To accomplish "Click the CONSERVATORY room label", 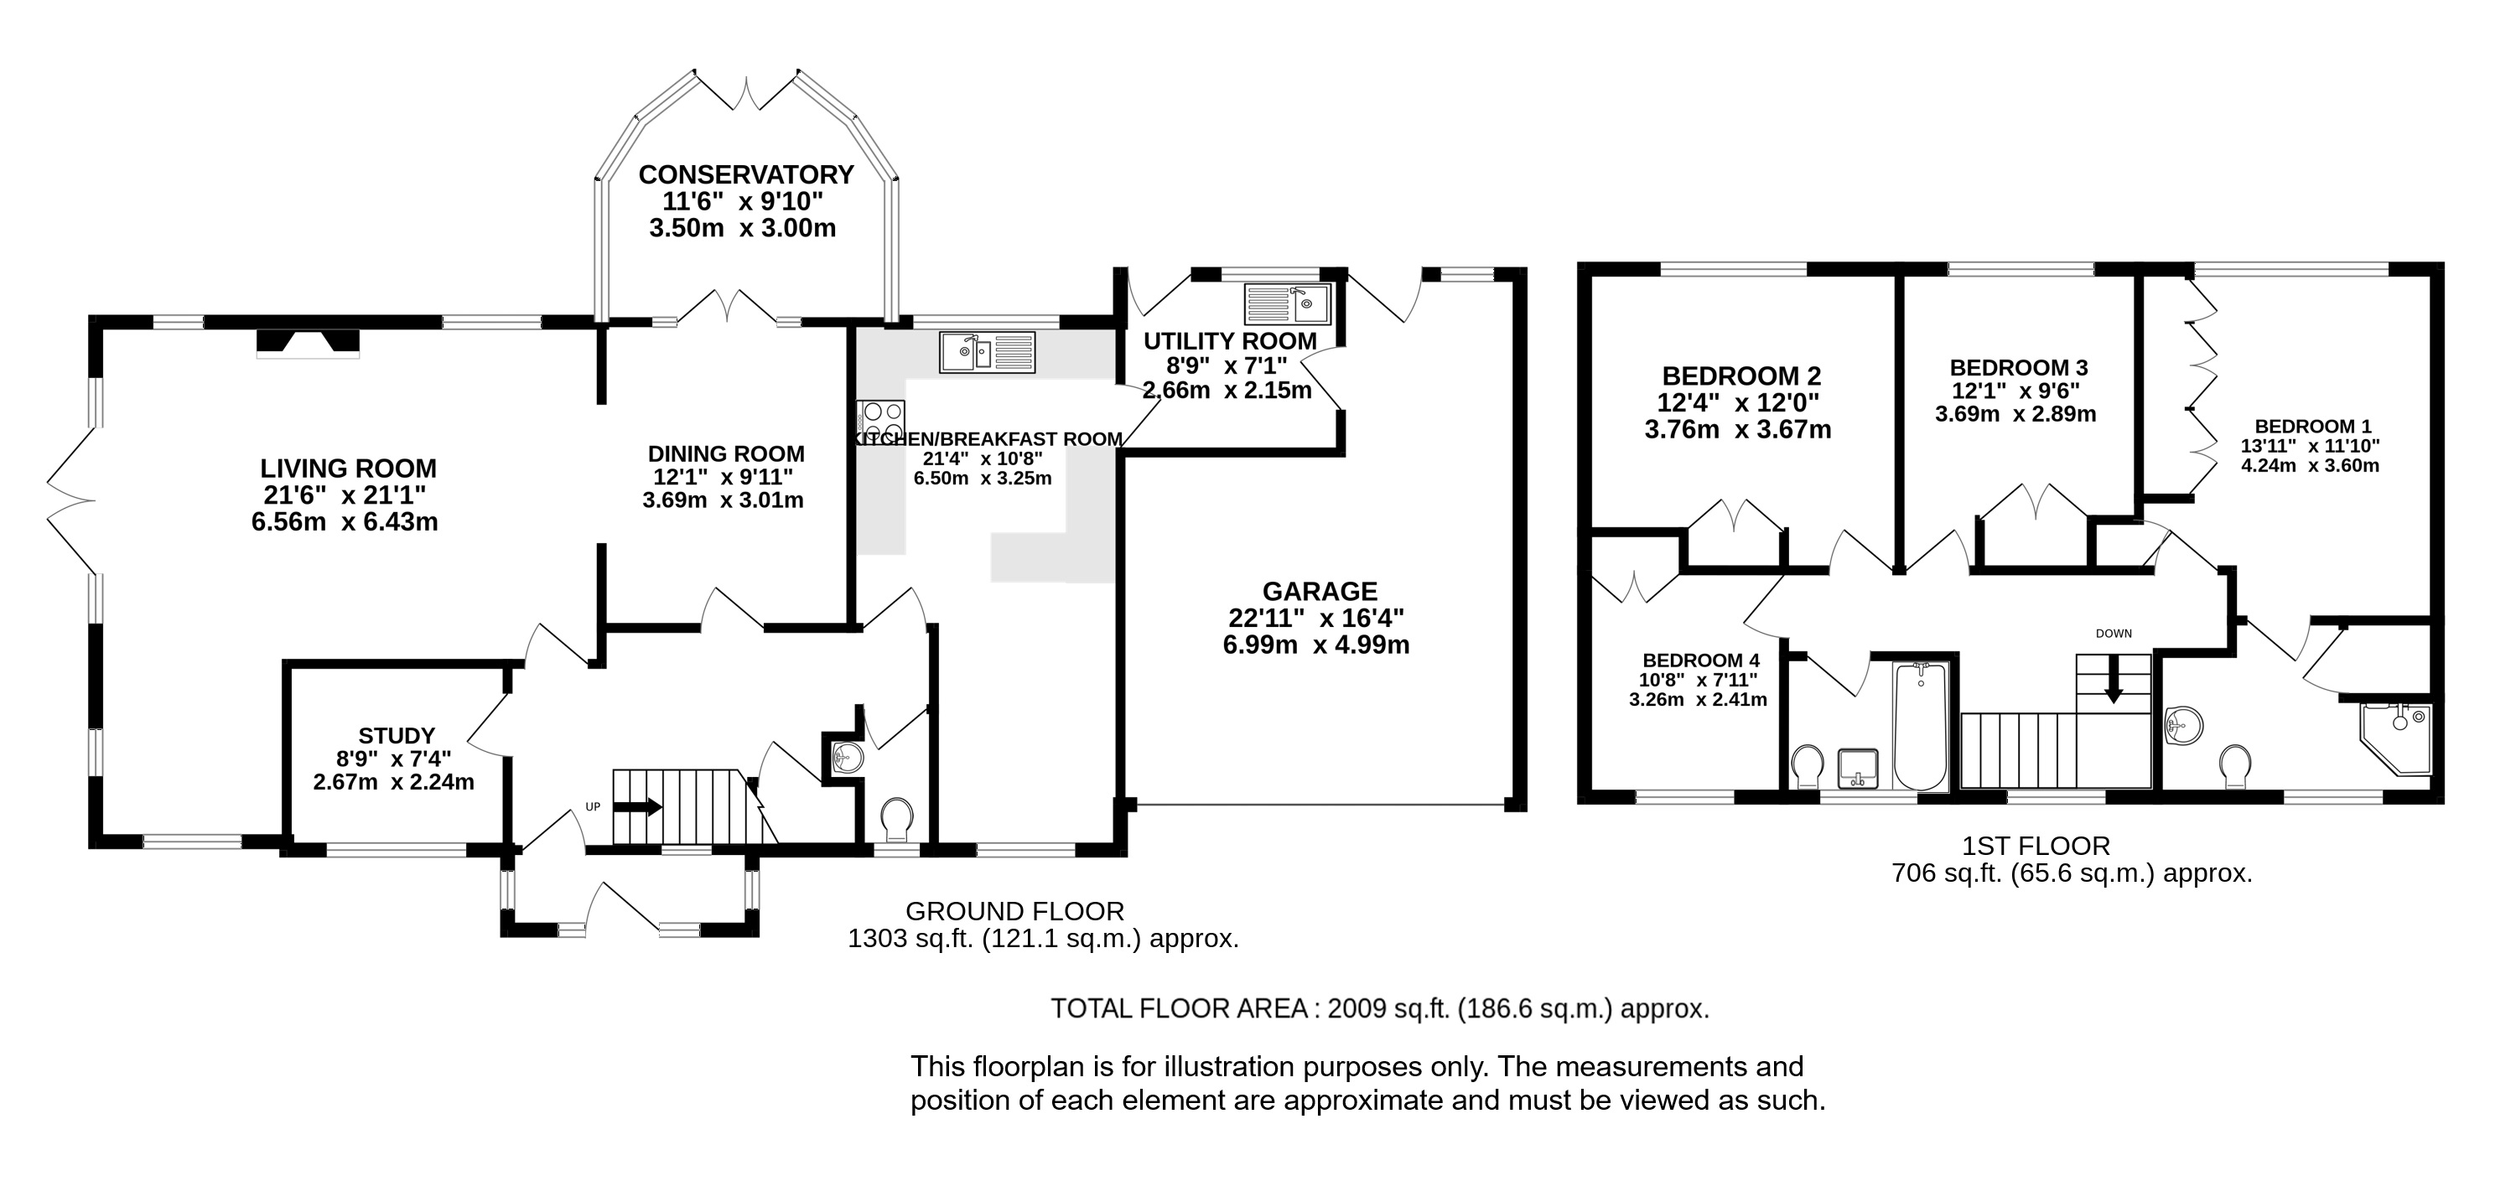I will pyautogui.click(x=745, y=175).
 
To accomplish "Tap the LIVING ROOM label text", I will pyautogui.click(x=348, y=469).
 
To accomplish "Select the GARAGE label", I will pyautogui.click(x=1320, y=591).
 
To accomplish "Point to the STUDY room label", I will pyautogui.click(x=396, y=736).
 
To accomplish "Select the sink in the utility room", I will pyautogui.click(x=1287, y=303).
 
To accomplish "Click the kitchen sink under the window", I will pyautogui.click(x=987, y=352).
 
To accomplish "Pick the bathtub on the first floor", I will pyautogui.click(x=1920, y=725).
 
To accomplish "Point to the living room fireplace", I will pyautogui.click(x=308, y=343).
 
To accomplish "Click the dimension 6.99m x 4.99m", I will pyautogui.click(x=1315, y=645).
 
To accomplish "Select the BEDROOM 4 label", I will pyautogui.click(x=1700, y=660).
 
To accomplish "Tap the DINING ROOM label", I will pyautogui.click(x=726, y=454).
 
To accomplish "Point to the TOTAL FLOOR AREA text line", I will pyautogui.click(x=1379, y=1008).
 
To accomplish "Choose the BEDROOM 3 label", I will pyautogui.click(x=2018, y=368).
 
